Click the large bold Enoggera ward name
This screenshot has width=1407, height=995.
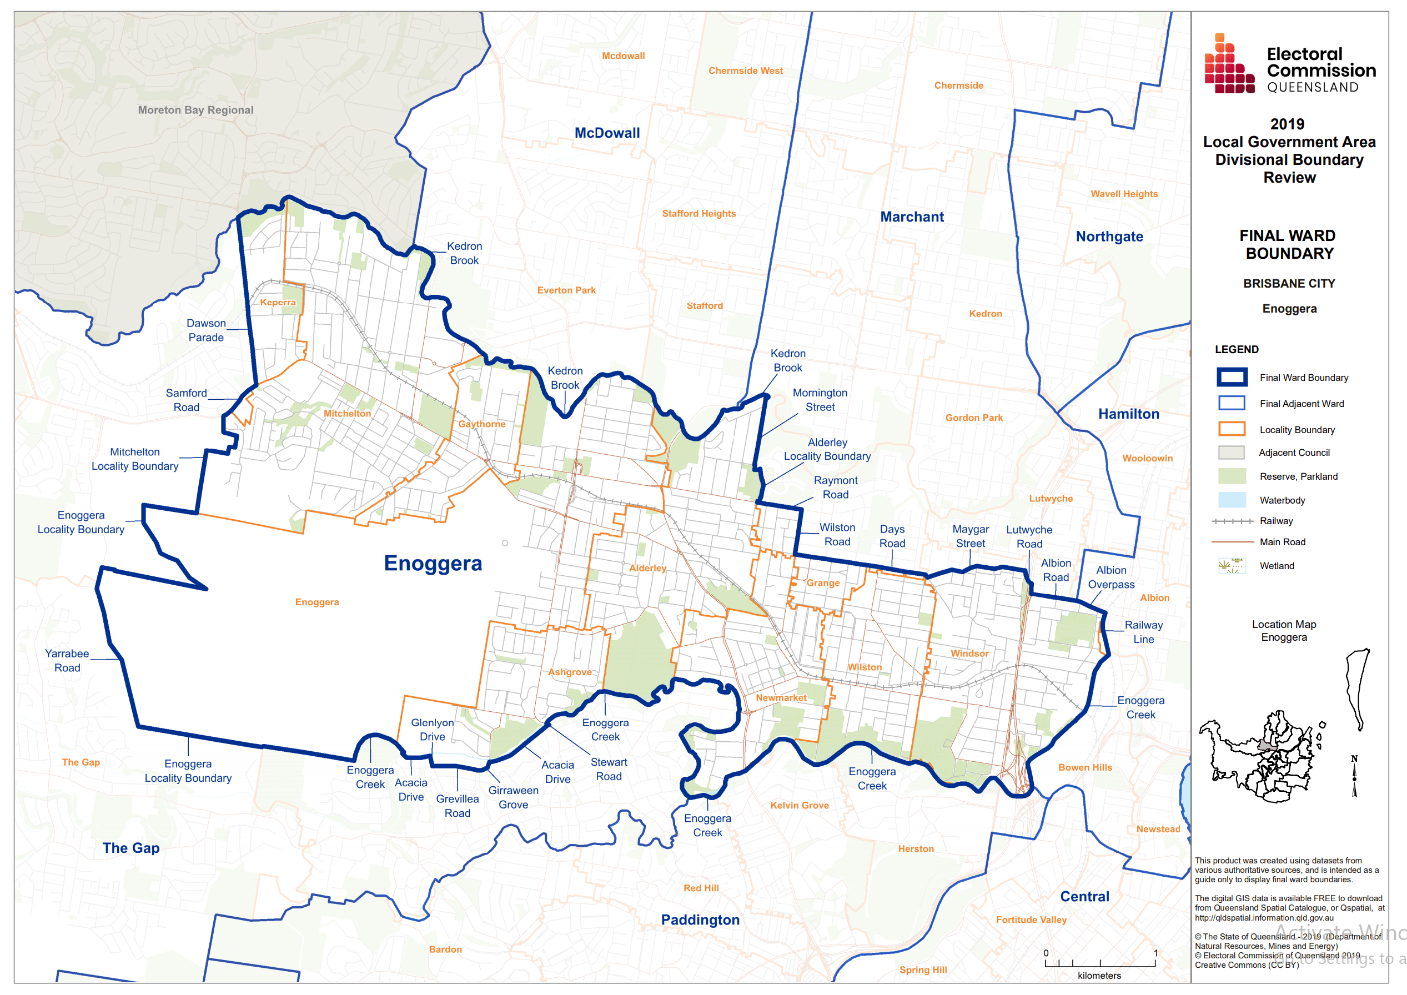433,563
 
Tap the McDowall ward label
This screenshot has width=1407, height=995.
607,133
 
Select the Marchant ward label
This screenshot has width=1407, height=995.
911,217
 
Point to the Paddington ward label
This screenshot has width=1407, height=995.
700,919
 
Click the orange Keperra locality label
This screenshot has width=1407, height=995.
278,302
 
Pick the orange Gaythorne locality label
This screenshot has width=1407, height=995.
481,424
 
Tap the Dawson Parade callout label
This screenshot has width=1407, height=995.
206,330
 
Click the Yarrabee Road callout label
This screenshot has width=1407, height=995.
67,661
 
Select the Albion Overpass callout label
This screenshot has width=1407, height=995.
1110,577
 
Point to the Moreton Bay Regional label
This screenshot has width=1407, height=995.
195,110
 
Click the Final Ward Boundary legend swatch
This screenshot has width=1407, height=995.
1231,378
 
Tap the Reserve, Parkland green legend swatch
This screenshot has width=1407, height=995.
1231,476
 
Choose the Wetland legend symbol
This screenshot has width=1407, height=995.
1231,565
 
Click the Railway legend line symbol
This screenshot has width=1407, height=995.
1232,521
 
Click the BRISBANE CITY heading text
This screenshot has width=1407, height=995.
1289,284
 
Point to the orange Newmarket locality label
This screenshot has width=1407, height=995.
781,698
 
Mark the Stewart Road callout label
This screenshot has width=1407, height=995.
609,769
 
